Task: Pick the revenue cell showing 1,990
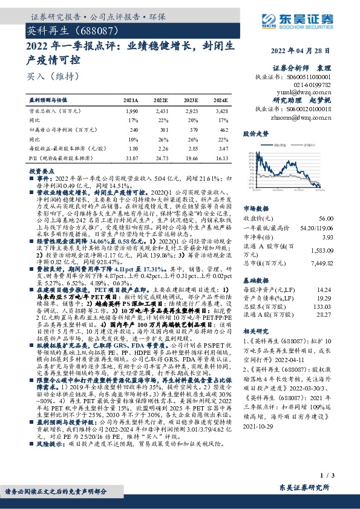point(131,112)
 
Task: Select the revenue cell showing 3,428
point(221,112)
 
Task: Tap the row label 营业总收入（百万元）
point(56,112)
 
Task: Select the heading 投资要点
point(38,171)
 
